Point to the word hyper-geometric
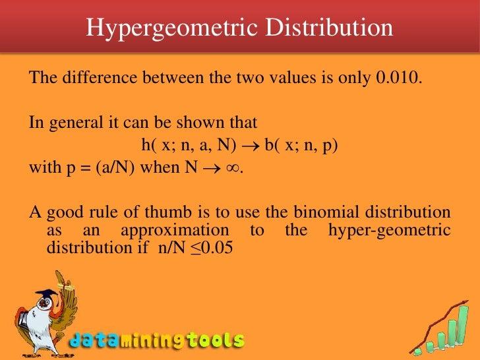tap(389, 231)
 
